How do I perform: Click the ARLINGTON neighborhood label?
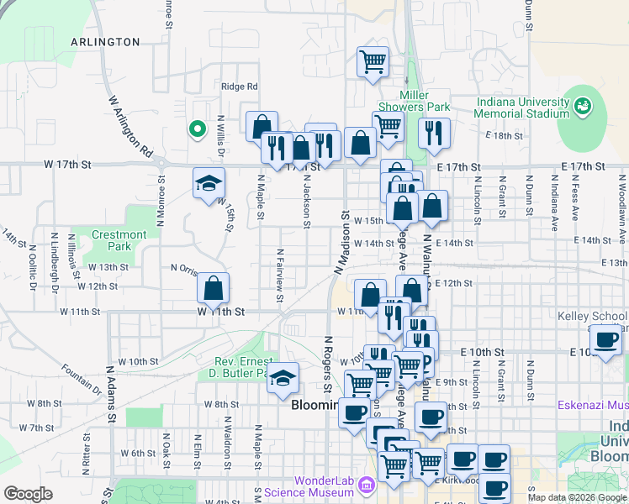(x=105, y=41)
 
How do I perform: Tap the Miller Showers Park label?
(x=414, y=101)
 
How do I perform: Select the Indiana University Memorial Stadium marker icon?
(x=583, y=107)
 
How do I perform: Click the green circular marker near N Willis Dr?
(x=197, y=129)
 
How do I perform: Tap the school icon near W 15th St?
(x=207, y=184)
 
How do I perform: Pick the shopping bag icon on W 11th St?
(x=214, y=288)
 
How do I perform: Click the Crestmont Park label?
(x=119, y=240)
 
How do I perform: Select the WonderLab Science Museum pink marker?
(x=366, y=486)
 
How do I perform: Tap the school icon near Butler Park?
(x=283, y=379)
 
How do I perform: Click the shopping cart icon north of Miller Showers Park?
(x=372, y=61)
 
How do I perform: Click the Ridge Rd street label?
(x=239, y=87)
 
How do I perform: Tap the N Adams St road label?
(x=110, y=392)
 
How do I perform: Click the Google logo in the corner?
(x=28, y=494)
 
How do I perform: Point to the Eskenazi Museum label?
(x=593, y=405)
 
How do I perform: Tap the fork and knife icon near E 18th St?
(x=434, y=132)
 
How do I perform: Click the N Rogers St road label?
(x=328, y=365)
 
